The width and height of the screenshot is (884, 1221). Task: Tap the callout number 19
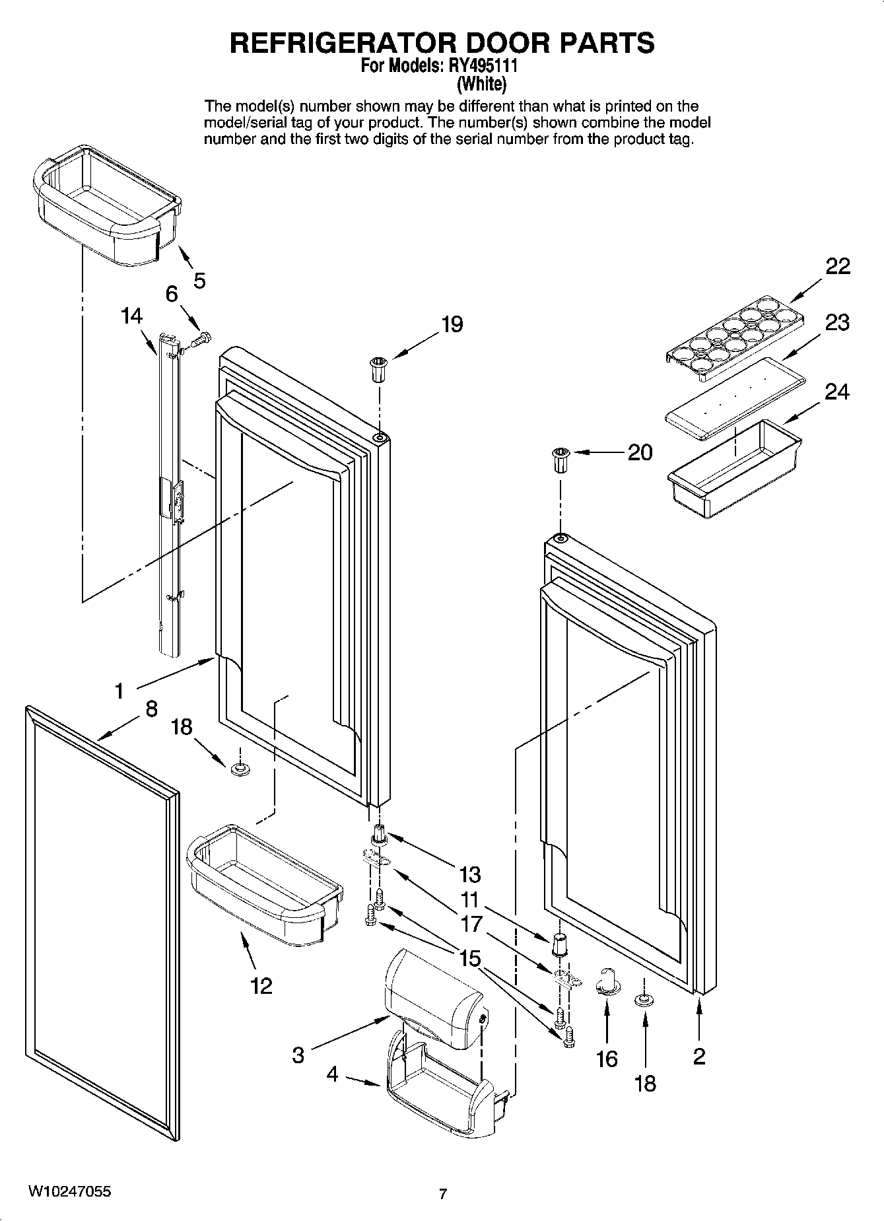pyautogui.click(x=452, y=324)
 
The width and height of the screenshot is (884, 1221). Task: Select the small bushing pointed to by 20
pyautogui.click(x=559, y=460)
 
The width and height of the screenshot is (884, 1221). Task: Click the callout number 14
pyautogui.click(x=132, y=316)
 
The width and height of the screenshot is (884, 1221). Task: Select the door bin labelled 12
pyautogui.click(x=264, y=884)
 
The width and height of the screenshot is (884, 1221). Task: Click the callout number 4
pyautogui.click(x=332, y=1074)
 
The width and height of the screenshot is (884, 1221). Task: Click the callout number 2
pyautogui.click(x=699, y=1056)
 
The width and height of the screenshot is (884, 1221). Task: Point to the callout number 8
pyautogui.click(x=151, y=709)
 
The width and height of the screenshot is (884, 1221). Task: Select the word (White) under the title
pyautogui.click(x=482, y=84)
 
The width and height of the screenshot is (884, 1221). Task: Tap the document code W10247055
pyautogui.click(x=69, y=1191)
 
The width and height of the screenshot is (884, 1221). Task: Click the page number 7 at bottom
pyautogui.click(x=443, y=1194)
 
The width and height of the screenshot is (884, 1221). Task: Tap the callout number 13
pyautogui.click(x=470, y=874)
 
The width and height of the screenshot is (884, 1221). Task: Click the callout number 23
pyautogui.click(x=836, y=323)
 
